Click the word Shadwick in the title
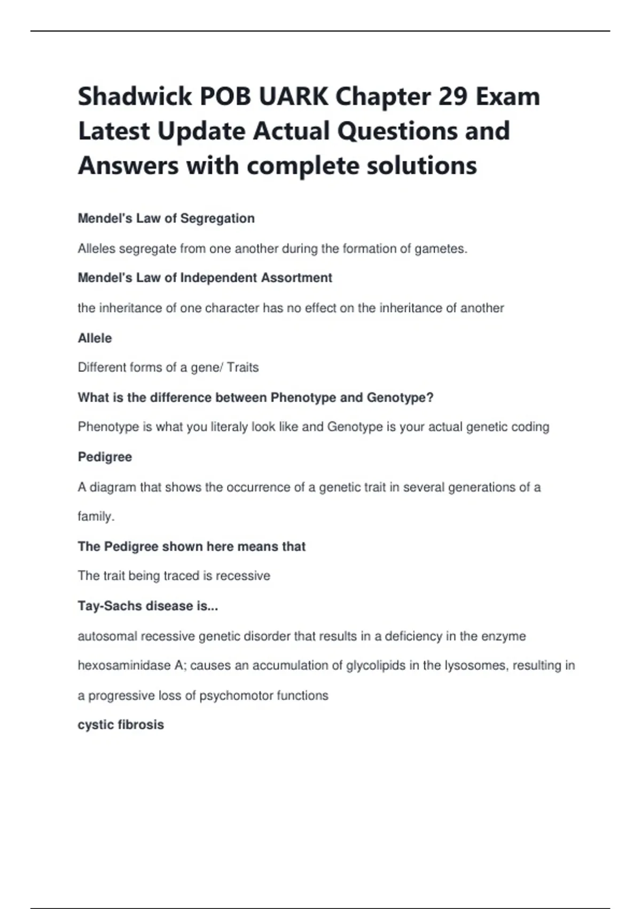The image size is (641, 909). coord(135,97)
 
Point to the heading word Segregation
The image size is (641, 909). coord(217,218)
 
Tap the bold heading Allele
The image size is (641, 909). coord(95,338)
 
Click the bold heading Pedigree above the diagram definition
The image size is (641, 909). coord(105,457)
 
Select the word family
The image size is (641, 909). coord(96,517)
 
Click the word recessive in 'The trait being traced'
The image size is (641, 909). coord(243,576)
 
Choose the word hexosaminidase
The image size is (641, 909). coord(124,666)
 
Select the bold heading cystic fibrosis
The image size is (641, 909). coord(121,725)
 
